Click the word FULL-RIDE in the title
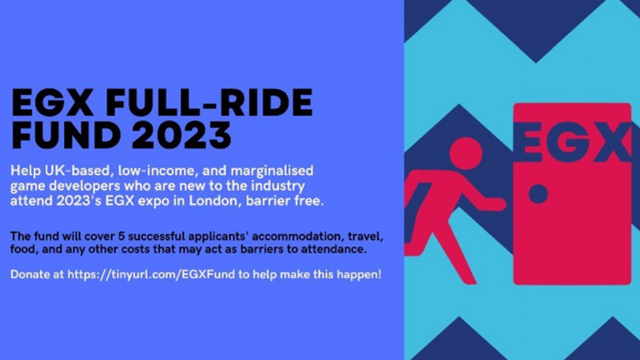208,102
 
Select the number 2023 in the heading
182,135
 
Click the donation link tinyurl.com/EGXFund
151,274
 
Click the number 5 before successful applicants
121,236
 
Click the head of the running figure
466,153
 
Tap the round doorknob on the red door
538,194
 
